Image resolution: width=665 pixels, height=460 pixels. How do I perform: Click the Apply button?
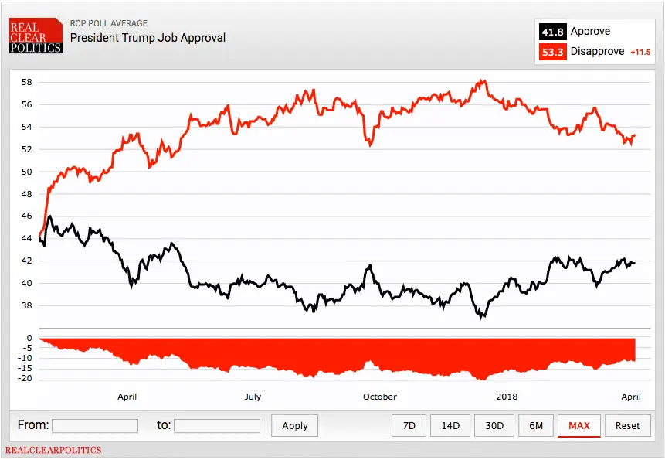(294, 425)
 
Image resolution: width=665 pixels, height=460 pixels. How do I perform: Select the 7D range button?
(409, 425)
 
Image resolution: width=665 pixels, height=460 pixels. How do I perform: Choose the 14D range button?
(450, 425)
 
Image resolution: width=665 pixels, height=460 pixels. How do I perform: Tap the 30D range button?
(494, 425)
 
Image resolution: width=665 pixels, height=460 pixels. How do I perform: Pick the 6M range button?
(535, 425)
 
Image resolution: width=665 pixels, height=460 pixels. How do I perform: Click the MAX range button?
(578, 425)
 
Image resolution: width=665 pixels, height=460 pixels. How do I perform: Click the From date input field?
(95, 425)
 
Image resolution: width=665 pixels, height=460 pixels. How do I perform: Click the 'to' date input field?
(217, 425)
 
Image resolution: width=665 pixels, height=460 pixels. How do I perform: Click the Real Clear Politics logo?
(35, 36)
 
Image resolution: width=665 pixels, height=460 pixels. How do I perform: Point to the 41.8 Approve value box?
(552, 32)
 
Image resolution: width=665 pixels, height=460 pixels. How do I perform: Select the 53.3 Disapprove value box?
(552, 52)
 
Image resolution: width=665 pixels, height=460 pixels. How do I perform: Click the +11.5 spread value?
(640, 53)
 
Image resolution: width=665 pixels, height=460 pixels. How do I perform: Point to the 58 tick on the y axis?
(26, 82)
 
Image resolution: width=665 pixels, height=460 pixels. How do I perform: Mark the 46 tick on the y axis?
(26, 216)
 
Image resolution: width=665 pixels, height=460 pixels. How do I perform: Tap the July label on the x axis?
(253, 397)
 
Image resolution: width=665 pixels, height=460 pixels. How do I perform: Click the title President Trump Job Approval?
(148, 37)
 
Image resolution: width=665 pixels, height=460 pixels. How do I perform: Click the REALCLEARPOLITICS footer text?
(53, 450)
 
